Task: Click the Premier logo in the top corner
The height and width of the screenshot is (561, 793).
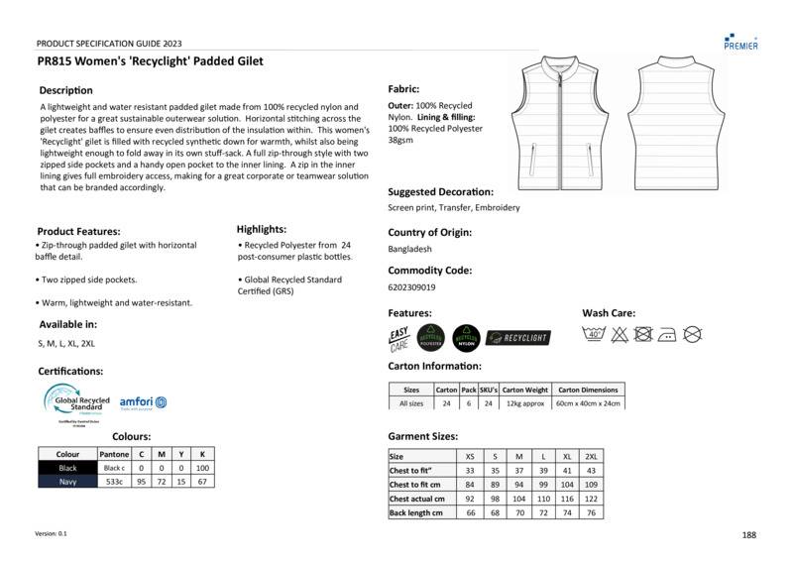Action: pos(741,40)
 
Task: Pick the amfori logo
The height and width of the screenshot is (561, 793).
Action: pos(143,402)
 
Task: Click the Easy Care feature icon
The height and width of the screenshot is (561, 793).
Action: pos(398,337)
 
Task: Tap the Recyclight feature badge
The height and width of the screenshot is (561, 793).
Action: pos(517,337)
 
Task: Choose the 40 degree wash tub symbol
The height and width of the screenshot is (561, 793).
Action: pos(595,335)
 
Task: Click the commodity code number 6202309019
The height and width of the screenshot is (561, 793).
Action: pos(411,287)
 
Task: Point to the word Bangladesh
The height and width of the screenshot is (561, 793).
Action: pos(410,250)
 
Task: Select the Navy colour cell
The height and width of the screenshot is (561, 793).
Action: pos(67,482)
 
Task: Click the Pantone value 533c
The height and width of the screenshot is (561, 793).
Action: pos(115,482)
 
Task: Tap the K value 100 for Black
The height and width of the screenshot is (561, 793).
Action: pos(203,468)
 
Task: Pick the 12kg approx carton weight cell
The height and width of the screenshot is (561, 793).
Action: pos(525,403)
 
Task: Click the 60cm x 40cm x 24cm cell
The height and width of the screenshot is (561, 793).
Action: pos(588,403)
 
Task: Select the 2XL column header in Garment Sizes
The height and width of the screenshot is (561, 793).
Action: pos(592,455)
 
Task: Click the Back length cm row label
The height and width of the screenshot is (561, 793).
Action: pos(416,512)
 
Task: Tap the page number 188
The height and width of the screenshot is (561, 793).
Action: pos(748,535)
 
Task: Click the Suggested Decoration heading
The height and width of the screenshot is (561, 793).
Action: pos(440,191)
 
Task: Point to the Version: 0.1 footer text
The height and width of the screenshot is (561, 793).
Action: pos(52,533)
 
